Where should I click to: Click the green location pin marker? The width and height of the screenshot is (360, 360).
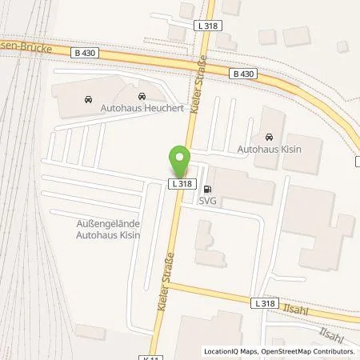click(180, 162)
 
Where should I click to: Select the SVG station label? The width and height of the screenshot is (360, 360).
click(208, 201)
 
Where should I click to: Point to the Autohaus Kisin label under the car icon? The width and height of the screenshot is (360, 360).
click(268, 148)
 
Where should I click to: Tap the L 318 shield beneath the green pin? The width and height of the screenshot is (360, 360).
click(180, 184)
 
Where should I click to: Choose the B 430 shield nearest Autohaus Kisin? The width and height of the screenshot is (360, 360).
click(244, 74)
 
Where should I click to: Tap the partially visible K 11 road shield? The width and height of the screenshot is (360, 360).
click(152, 357)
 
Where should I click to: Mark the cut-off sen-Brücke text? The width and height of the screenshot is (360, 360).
click(29, 46)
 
